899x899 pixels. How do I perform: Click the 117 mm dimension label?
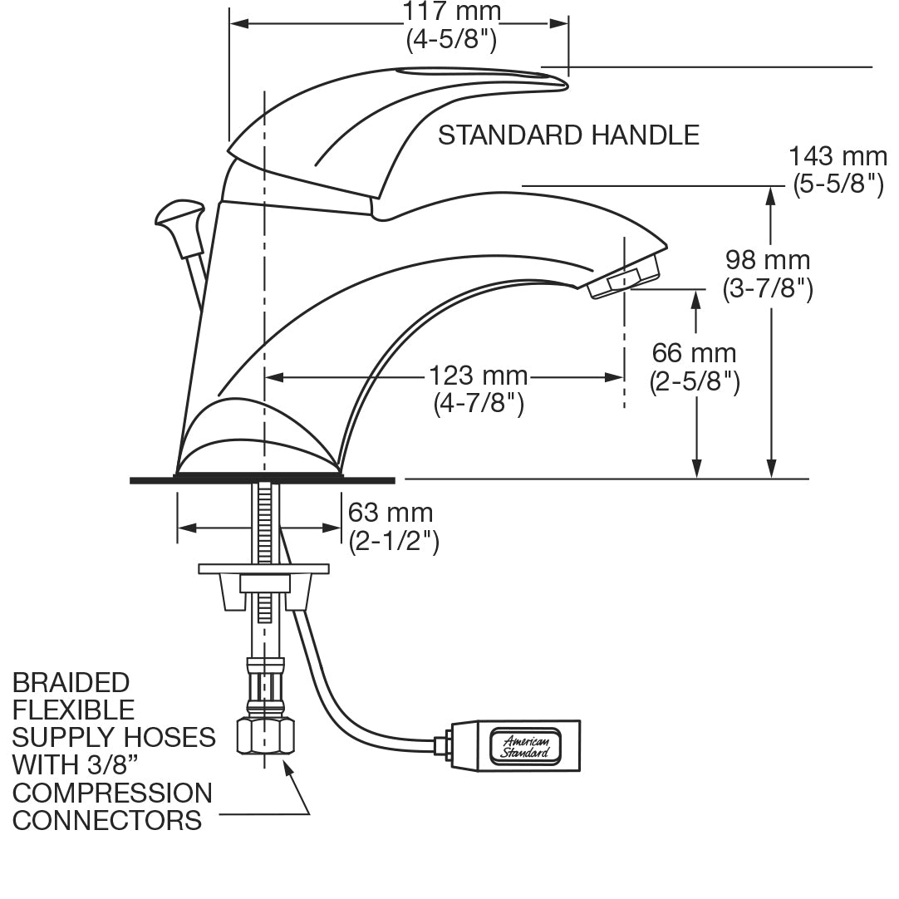[x=452, y=12]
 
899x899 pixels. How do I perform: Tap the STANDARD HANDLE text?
[x=568, y=135]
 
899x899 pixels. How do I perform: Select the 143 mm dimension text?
[x=837, y=156]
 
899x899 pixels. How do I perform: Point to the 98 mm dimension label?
[x=768, y=260]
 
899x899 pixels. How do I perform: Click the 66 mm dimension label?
[x=694, y=353]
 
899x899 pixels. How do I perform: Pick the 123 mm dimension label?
[x=479, y=376]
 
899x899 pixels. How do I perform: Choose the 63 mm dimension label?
[x=391, y=512]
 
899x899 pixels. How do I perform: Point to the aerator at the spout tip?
[x=625, y=278]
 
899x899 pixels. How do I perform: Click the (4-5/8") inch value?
[x=452, y=39]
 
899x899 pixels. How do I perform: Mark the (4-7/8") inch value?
[x=479, y=404]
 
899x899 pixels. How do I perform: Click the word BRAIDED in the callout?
[x=71, y=683]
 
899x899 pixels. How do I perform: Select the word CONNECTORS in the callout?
[x=107, y=820]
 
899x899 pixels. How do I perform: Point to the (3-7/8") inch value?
[x=768, y=288]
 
